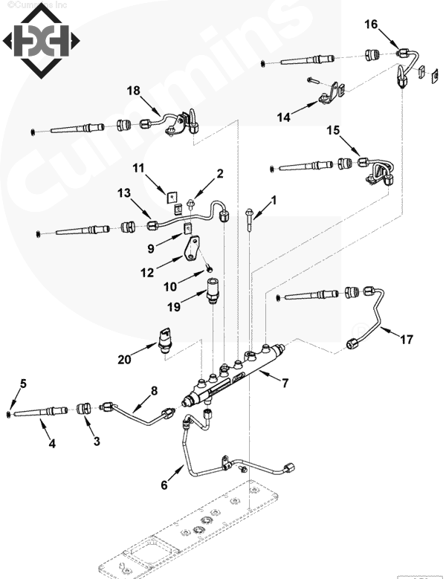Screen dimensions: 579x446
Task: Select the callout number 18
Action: click(132, 91)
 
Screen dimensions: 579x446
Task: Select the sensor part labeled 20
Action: click(164, 338)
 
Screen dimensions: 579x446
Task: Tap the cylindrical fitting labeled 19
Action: click(212, 287)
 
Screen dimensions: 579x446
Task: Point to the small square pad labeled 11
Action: click(172, 198)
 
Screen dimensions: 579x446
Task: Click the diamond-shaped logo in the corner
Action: click(37, 43)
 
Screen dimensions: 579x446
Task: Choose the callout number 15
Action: click(334, 131)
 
